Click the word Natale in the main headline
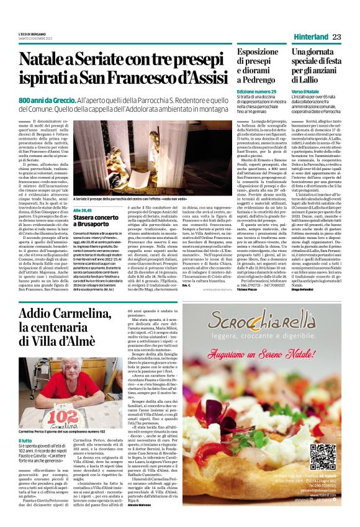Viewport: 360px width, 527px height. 45,60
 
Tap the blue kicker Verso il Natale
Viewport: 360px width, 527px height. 305,91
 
